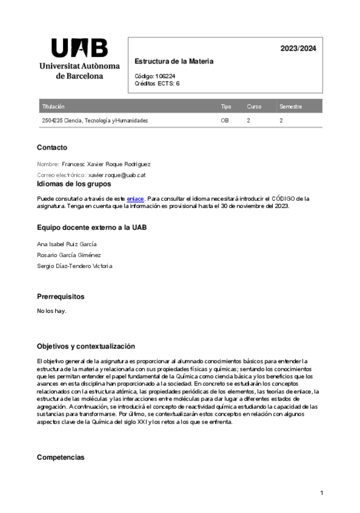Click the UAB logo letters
(79, 48)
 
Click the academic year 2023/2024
(298, 49)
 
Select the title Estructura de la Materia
(174, 62)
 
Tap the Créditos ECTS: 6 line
(157, 83)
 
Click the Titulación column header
(53, 106)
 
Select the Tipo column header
(226, 106)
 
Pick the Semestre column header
(290, 106)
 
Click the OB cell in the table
(224, 120)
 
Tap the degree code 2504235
(52, 120)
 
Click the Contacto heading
(52, 148)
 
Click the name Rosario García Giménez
(69, 255)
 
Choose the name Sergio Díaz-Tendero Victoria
(74, 266)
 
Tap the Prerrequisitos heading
(61, 297)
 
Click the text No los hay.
(51, 311)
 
